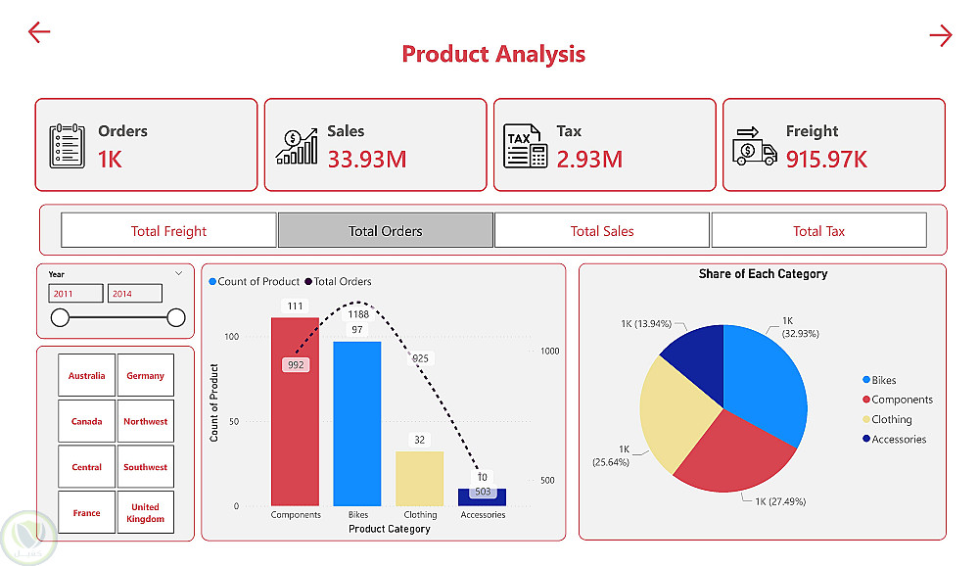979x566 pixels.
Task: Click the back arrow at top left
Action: click(x=39, y=32)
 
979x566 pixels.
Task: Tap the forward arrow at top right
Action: click(x=940, y=36)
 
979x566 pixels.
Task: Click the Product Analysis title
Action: click(x=493, y=54)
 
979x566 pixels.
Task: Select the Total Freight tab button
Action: click(x=168, y=231)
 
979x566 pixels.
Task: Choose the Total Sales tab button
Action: click(x=602, y=231)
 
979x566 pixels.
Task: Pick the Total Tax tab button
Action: click(x=818, y=231)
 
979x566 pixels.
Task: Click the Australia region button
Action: click(x=86, y=375)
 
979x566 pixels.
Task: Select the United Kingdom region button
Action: click(x=145, y=513)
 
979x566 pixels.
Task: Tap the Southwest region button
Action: click(x=145, y=467)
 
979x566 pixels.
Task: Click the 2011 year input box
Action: click(x=75, y=294)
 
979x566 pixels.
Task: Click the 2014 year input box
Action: click(x=134, y=294)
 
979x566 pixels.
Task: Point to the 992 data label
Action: click(x=296, y=364)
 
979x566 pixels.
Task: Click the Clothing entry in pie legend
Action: click(x=891, y=419)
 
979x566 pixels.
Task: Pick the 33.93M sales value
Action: click(x=367, y=159)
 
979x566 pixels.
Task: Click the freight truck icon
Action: click(x=754, y=146)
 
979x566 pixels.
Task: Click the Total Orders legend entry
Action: click(x=342, y=281)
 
